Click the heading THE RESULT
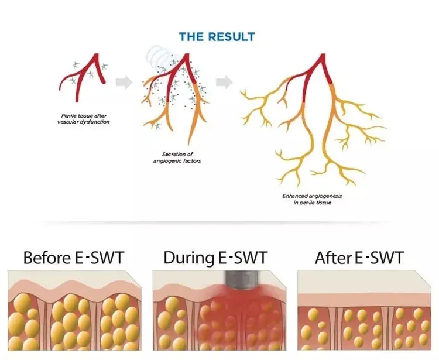click(x=217, y=37)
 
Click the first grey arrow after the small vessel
click(x=124, y=83)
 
